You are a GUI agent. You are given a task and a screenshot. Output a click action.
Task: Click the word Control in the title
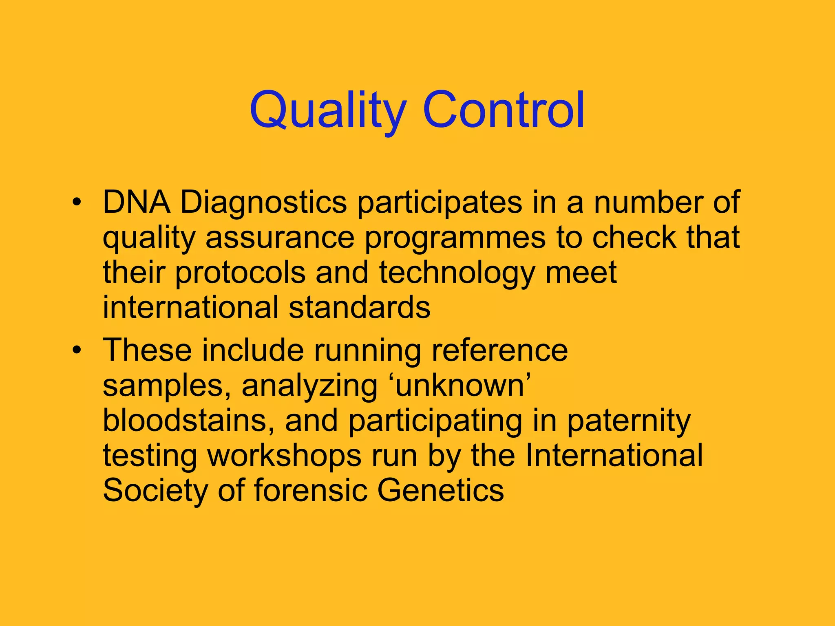click(x=504, y=109)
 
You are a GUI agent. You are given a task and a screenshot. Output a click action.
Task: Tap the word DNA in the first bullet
click(x=136, y=202)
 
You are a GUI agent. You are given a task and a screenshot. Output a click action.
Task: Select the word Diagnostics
click(x=263, y=203)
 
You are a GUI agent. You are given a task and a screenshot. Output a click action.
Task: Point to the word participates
click(x=440, y=203)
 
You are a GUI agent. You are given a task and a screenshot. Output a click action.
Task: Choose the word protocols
click(x=240, y=273)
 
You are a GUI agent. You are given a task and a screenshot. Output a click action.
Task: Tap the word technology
click(x=457, y=273)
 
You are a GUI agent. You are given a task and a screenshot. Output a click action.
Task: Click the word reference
click(x=499, y=350)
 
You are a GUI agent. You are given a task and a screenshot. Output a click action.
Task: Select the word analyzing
click(x=310, y=386)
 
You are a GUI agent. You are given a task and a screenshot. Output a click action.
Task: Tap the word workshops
click(x=285, y=455)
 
